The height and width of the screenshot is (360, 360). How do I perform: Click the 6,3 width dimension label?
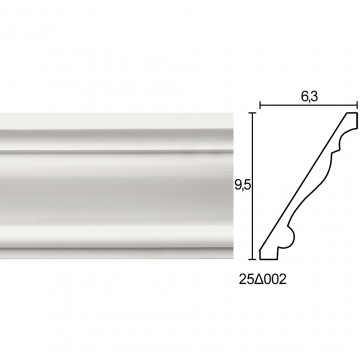point(310,96)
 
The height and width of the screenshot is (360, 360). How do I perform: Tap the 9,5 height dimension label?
point(243,185)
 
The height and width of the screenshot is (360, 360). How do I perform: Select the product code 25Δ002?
point(262,279)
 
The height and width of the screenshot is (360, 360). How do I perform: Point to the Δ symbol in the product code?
point(259,279)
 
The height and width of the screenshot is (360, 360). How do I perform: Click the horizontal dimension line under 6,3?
point(309,106)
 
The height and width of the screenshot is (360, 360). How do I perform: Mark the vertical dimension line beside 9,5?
point(253,186)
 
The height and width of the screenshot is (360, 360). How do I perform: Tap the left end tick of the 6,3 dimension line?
point(260,106)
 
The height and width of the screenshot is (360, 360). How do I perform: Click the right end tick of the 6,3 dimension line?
point(357,106)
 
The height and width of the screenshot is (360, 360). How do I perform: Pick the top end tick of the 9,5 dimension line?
point(253,113)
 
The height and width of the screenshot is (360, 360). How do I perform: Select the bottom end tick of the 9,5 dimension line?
point(253,259)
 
